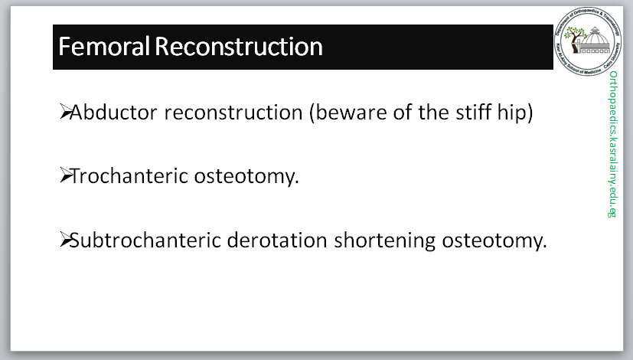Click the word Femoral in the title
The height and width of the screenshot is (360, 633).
104,46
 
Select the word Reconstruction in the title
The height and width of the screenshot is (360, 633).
239,46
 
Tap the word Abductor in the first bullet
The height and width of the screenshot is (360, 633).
113,112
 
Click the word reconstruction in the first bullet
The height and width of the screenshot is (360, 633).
233,113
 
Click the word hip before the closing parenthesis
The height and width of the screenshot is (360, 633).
511,113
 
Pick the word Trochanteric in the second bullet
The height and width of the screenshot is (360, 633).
129,175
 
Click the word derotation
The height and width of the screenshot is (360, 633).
277,240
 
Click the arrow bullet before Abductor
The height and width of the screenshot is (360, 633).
65,112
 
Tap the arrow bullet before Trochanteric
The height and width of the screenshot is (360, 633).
65,175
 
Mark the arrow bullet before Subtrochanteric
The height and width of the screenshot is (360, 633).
65,239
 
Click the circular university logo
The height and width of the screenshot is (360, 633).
588,41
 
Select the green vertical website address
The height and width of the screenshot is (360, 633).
613,144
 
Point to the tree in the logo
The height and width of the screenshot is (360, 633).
575,39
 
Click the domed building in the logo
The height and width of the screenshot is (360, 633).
595,41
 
